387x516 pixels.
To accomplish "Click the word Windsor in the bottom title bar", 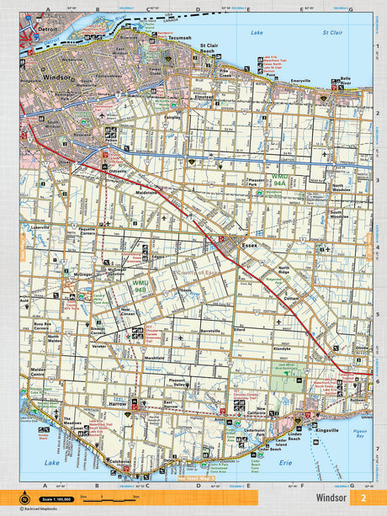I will pos(329,498).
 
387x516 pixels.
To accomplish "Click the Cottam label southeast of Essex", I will pos(291,297).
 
